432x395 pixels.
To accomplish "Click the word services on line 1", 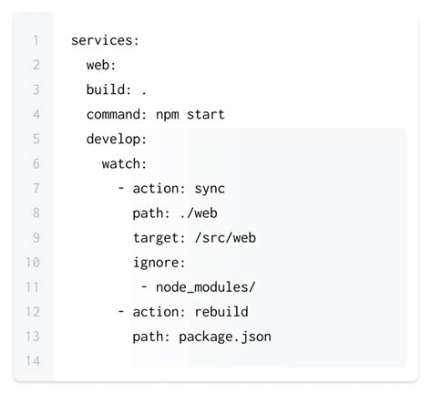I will click(102, 40).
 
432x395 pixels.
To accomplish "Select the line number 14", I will click(34, 361).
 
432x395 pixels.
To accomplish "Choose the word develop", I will click(116, 140).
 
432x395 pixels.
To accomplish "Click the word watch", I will click(123, 164).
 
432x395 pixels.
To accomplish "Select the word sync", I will click(209, 189).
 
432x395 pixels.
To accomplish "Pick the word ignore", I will click(159, 263).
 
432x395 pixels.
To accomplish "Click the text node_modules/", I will click(205, 287).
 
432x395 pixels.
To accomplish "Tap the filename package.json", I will click(225, 337).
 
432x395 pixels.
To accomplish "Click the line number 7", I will click(35, 189).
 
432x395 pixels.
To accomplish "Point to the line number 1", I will click(35, 40).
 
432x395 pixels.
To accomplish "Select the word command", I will click(116, 114).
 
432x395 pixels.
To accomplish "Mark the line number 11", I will click(34, 287).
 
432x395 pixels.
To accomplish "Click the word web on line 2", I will click(100, 65).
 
